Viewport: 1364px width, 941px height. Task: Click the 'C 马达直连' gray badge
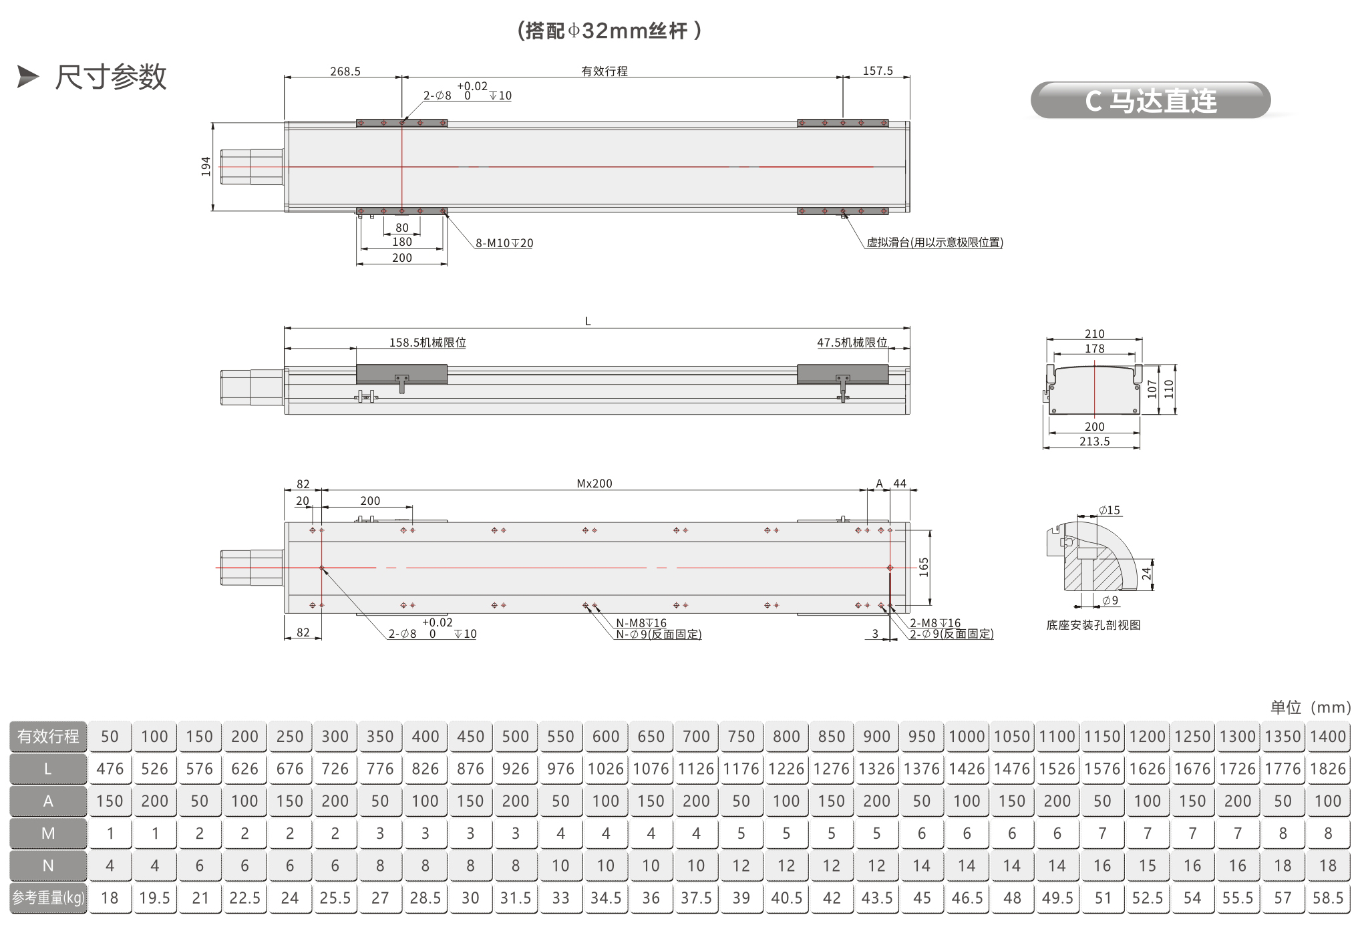tap(1150, 100)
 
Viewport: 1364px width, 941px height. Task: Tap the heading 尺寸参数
tap(111, 77)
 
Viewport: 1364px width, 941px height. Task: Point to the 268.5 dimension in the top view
tap(345, 71)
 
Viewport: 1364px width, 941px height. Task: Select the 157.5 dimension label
tap(878, 71)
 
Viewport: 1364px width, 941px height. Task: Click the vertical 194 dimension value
tap(206, 166)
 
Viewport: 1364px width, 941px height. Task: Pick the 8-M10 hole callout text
tap(504, 243)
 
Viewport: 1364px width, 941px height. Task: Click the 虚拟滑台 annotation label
tap(934, 242)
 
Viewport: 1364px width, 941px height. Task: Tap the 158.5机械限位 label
tap(428, 343)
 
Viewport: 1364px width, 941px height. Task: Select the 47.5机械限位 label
tap(852, 343)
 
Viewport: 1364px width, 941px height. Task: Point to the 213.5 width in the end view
tap(1094, 441)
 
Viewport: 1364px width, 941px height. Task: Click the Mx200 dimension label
tap(594, 484)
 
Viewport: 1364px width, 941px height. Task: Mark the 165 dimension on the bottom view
tap(924, 567)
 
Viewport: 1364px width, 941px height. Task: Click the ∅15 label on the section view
tap(1110, 510)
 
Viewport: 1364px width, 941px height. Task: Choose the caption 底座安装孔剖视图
tap(1093, 625)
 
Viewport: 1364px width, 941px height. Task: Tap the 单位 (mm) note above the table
tap(1311, 707)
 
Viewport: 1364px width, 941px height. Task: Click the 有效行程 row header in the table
tap(48, 736)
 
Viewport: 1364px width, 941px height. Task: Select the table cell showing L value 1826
tap(1328, 769)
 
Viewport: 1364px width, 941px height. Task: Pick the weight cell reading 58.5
tap(1328, 898)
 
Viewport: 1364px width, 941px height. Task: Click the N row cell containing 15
tap(1148, 866)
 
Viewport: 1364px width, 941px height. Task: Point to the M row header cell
tap(48, 833)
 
